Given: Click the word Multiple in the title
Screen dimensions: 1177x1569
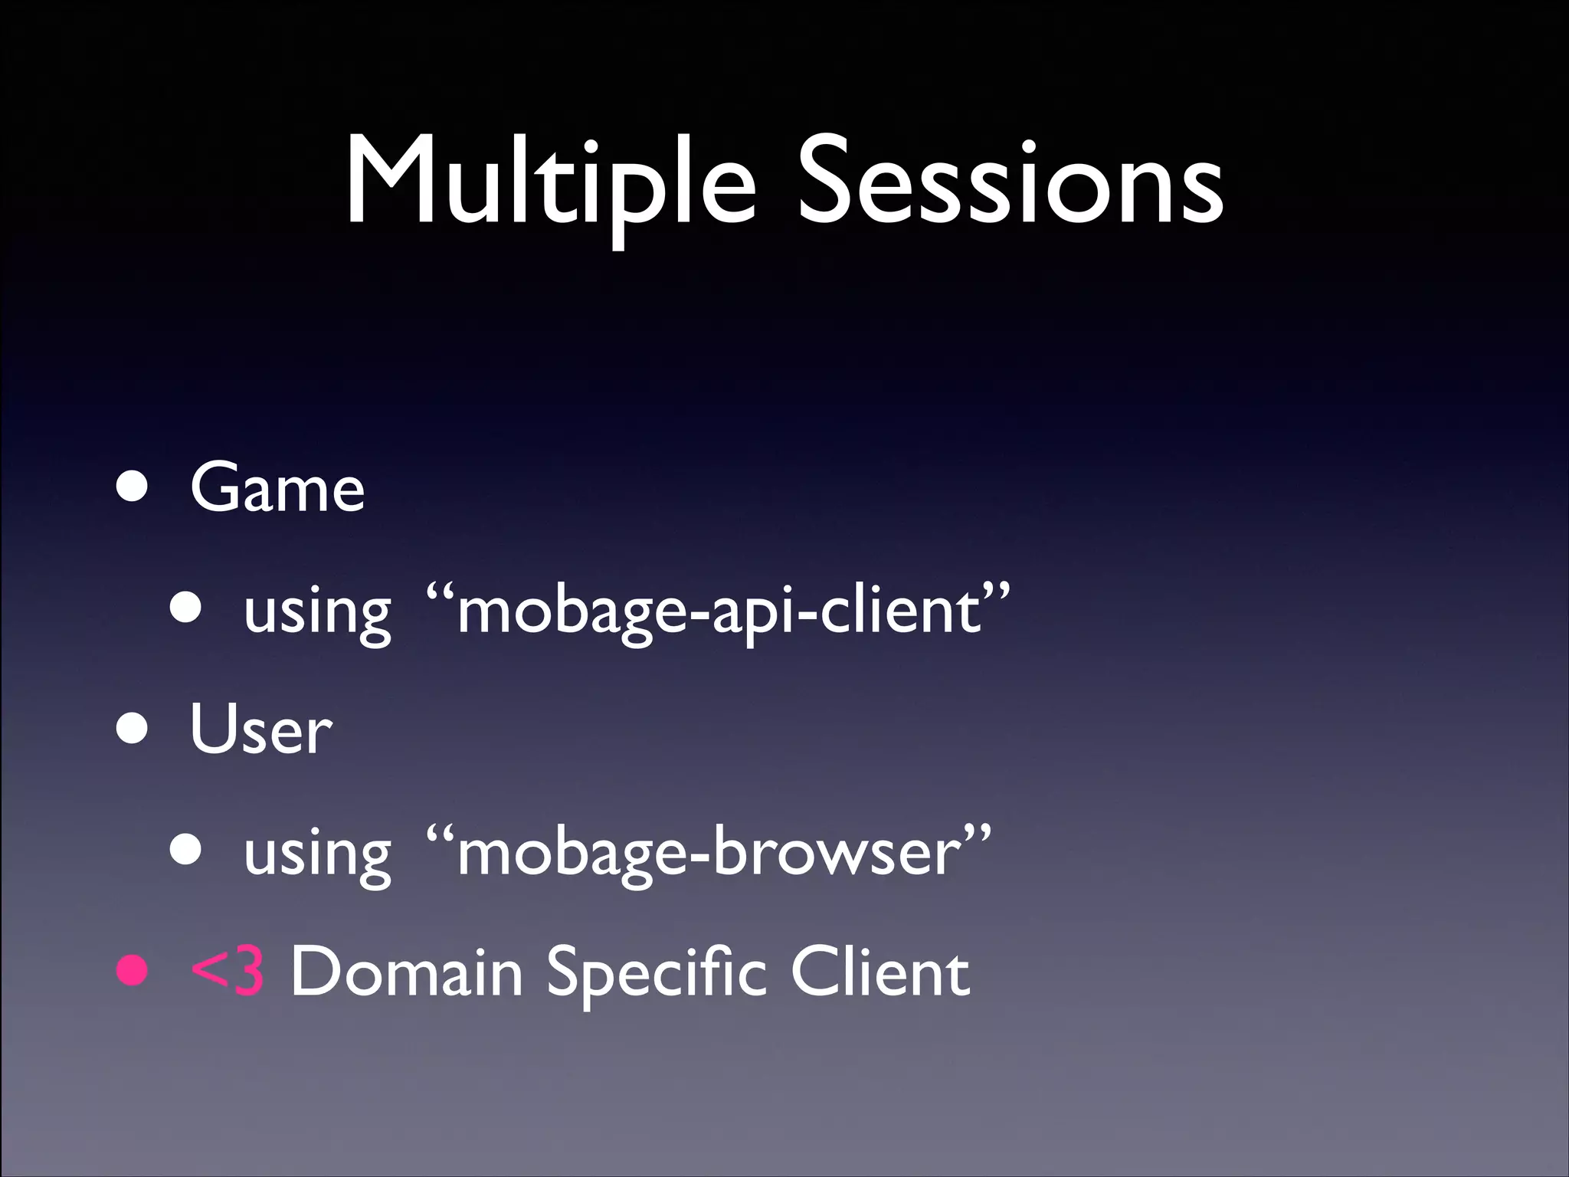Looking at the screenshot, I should coord(550,184).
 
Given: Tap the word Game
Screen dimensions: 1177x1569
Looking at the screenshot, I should coord(277,488).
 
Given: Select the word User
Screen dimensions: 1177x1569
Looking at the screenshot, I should coord(260,729).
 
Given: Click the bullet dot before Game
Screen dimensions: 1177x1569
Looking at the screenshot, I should coord(133,488).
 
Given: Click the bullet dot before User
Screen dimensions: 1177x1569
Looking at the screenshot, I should coord(133,729).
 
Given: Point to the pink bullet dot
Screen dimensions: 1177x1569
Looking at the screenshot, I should coord(133,971).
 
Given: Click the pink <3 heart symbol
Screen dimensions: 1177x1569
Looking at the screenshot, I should coord(228,972).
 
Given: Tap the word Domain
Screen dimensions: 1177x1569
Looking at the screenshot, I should coord(406,972).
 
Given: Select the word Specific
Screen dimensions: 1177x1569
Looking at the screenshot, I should coord(656,972).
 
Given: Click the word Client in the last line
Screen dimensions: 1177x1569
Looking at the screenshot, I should coord(880,972).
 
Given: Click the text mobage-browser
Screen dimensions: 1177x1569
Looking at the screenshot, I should coord(709,853).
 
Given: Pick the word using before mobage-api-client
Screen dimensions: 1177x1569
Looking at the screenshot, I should coord(317,613).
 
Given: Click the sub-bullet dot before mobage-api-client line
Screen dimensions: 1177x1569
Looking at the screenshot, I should coord(186,608).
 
